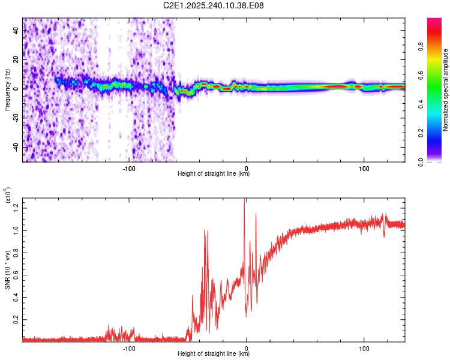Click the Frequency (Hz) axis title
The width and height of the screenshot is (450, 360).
click(x=7, y=90)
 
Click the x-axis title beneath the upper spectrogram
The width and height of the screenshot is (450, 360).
click(x=214, y=174)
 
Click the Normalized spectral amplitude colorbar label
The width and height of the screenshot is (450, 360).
click(x=445, y=90)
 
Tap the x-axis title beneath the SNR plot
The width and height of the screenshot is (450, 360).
click(x=214, y=354)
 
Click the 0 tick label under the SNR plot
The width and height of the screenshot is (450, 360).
click(x=247, y=347)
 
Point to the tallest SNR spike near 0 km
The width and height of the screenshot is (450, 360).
click(x=244, y=200)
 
